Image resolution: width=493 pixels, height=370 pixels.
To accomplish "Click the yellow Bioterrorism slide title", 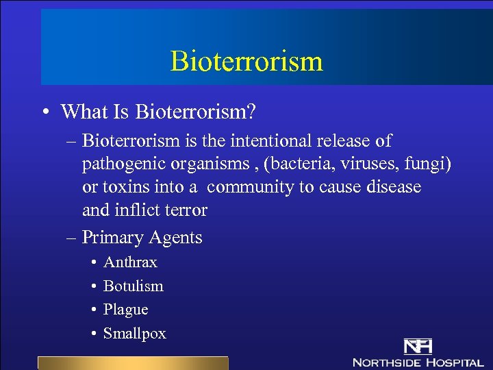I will [x=246, y=61].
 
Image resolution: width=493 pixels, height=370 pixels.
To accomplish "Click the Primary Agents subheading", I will [x=142, y=238].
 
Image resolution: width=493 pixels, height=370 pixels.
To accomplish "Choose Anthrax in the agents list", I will [x=130, y=262].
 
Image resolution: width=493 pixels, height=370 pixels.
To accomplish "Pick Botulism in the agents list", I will [x=133, y=286].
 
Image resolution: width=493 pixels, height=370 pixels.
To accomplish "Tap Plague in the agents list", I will [x=125, y=310].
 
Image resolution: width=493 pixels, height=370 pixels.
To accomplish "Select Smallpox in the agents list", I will [x=134, y=334].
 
